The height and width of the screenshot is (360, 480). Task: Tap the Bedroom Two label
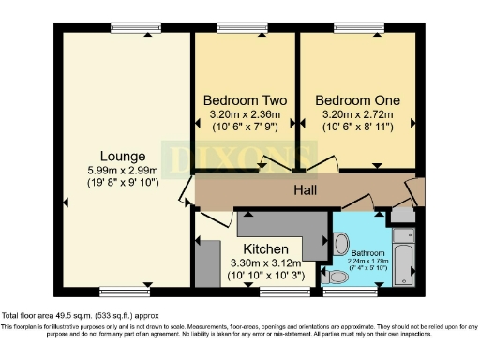pos(245,100)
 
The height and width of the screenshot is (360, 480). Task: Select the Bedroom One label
pos(357,100)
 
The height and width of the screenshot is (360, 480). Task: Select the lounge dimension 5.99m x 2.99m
pos(124,171)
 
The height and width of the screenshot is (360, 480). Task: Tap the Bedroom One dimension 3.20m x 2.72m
pos(357,116)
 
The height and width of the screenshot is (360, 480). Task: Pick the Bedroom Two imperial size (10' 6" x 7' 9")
pos(245,130)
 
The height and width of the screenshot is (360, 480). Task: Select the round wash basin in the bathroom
pos(341,243)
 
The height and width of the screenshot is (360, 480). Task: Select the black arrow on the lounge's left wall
pos(66,202)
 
